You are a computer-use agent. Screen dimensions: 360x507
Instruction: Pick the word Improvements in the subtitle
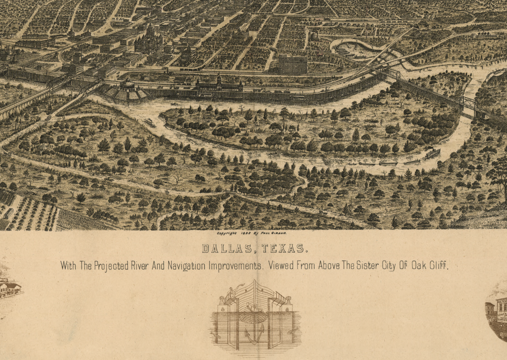235,266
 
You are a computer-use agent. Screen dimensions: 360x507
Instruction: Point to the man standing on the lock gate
231,292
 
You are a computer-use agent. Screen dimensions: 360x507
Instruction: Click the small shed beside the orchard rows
9,213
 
